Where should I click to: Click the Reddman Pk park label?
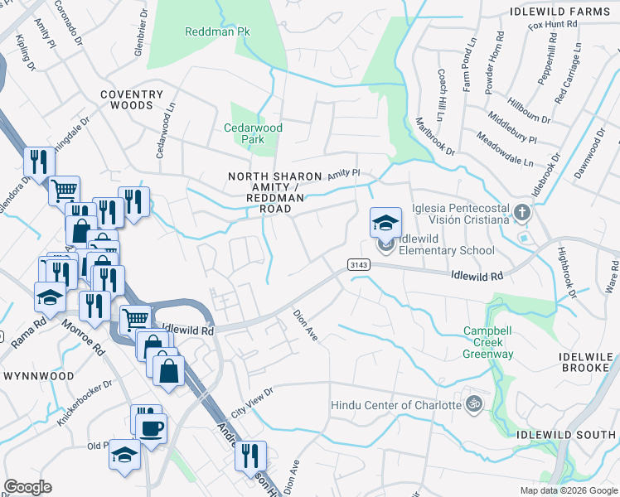[217, 31]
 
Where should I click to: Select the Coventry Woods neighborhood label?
[127, 100]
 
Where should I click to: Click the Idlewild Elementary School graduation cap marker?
[385, 223]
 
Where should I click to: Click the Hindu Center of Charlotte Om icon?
[473, 404]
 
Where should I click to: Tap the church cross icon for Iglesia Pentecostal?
[521, 212]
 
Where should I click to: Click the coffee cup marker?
[152, 428]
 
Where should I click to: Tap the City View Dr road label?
[252, 401]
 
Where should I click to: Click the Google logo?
[29, 486]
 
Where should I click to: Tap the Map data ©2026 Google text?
[568, 490]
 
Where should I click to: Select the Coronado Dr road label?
[70, 22]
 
